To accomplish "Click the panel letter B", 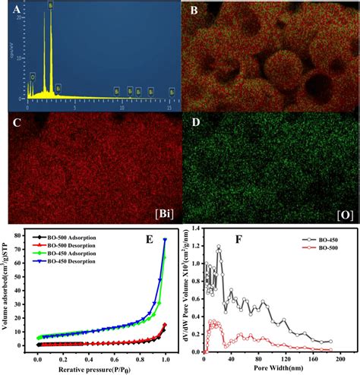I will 194,11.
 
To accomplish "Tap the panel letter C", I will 16,121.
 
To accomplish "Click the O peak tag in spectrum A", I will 33,76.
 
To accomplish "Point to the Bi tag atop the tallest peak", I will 51,5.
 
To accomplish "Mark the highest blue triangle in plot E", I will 165,241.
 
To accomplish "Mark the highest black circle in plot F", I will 219,247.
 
